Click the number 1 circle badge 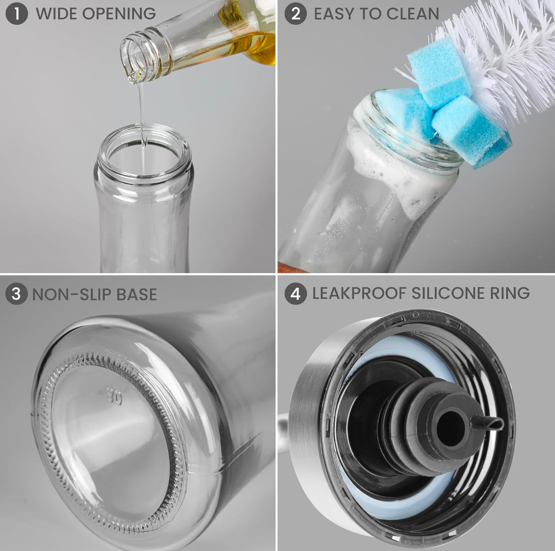(x=16, y=13)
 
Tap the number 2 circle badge (x=295, y=13)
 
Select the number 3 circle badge (x=16, y=294)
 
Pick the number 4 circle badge (x=295, y=294)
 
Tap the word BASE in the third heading (x=137, y=294)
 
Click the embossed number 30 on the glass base (x=114, y=396)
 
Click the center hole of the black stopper (x=450, y=426)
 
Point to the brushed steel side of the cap (x=311, y=436)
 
